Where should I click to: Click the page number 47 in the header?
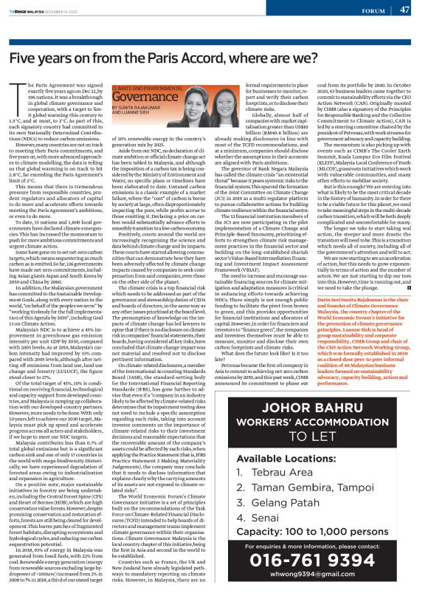click(404, 10)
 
